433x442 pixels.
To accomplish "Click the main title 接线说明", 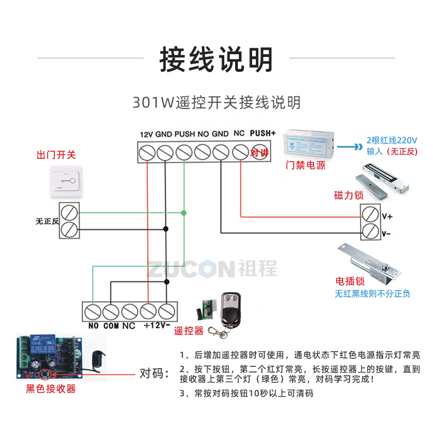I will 216,59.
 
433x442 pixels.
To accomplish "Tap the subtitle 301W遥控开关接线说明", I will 216,102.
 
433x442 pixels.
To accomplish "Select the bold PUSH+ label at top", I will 263,133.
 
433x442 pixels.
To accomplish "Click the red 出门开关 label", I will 55,155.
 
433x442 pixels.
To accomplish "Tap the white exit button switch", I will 66,181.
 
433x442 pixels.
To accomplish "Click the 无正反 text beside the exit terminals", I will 47,221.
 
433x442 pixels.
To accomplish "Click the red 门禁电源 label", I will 305,165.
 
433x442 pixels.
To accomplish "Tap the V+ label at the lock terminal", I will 387,216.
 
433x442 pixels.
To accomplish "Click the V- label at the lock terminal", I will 386,233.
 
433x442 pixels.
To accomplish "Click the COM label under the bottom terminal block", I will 111,325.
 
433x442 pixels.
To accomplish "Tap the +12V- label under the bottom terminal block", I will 156,325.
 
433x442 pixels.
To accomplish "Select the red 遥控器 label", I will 189,331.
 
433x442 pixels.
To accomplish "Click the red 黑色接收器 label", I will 51,389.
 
